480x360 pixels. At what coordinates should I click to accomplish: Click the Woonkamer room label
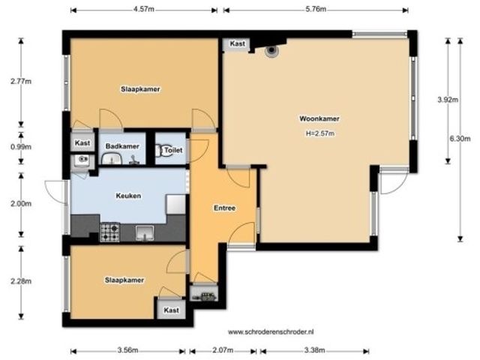point(319,118)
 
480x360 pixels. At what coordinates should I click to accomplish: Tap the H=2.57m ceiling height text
point(320,133)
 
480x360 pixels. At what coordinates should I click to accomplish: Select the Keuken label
point(128,196)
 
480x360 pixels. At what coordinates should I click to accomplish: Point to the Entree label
point(225,208)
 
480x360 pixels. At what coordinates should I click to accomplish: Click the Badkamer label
point(122,146)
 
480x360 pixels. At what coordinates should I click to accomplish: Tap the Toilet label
point(173,150)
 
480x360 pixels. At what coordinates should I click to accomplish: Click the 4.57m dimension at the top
point(144,9)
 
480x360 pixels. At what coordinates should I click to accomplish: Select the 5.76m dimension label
point(316,9)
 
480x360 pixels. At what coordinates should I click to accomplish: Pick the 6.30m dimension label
point(460,139)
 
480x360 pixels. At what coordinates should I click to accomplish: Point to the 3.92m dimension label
point(448,100)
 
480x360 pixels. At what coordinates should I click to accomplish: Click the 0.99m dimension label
point(21,147)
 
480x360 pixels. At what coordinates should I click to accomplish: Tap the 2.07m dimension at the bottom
point(223,350)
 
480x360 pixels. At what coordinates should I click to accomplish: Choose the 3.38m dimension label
point(314,350)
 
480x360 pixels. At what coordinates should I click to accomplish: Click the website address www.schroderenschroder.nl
point(271,331)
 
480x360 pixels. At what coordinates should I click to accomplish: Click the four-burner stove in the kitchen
point(109,232)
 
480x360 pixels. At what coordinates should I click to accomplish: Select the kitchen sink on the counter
point(145,232)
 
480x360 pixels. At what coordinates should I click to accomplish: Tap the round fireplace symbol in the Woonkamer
point(271,50)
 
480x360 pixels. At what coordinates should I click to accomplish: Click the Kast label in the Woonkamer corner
point(238,43)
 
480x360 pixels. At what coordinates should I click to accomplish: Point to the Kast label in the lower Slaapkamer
point(171,310)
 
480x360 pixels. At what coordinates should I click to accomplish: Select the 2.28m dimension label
point(21,281)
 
